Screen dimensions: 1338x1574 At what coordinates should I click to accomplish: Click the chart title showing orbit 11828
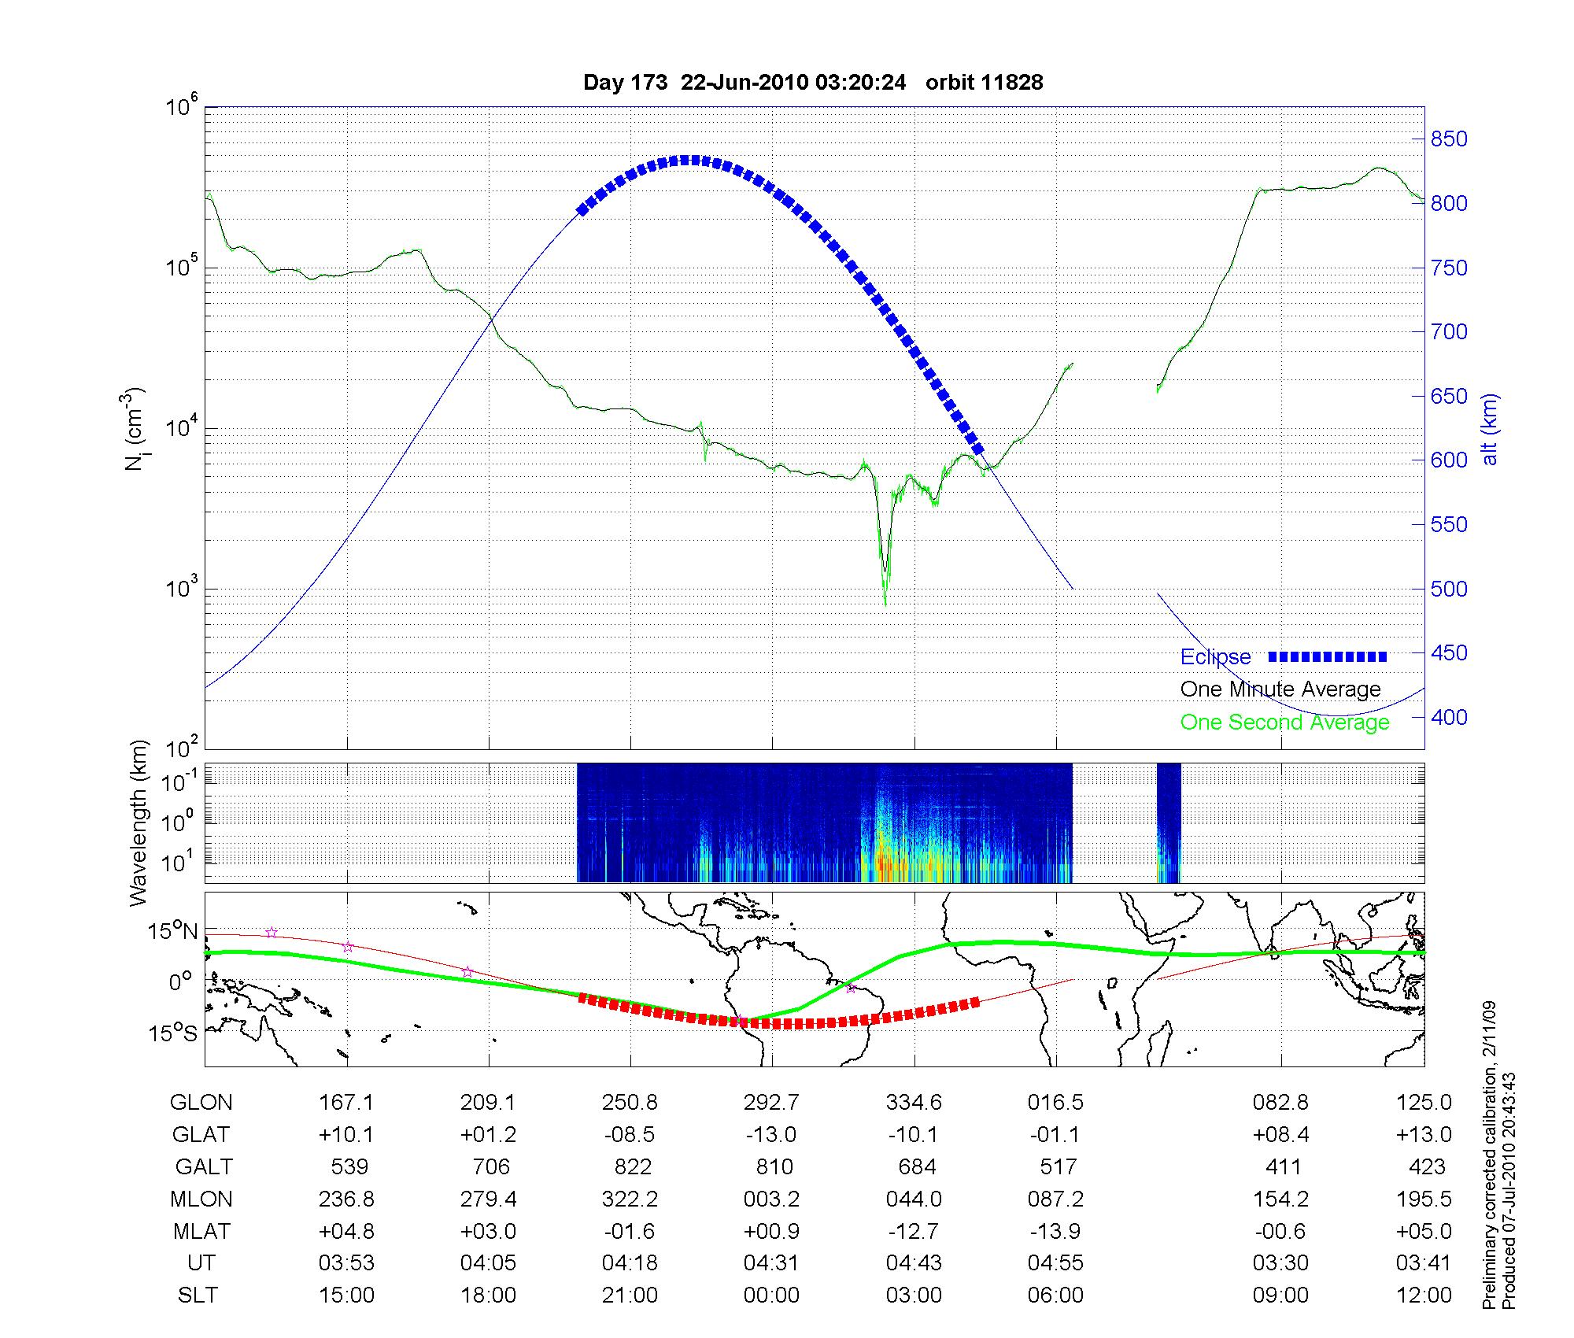(x=812, y=83)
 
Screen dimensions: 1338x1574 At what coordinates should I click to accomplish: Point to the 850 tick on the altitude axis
(x=1448, y=139)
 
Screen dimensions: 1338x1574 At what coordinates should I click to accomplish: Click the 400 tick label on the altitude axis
(x=1448, y=717)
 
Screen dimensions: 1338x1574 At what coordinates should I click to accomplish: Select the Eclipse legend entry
(x=1215, y=657)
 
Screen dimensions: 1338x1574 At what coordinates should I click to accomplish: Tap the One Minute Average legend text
(x=1280, y=689)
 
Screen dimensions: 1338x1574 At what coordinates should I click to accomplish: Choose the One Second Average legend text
(x=1284, y=723)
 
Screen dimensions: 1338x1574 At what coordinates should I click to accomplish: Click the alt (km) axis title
(x=1490, y=429)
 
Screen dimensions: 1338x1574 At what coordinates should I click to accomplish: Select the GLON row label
(x=201, y=1103)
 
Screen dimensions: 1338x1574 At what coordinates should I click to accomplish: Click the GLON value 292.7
(x=771, y=1103)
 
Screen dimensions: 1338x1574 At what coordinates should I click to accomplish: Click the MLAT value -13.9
(x=1055, y=1231)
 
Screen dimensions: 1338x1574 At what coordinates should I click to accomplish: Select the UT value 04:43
(x=914, y=1263)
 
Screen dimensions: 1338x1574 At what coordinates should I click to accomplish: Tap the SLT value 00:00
(x=771, y=1295)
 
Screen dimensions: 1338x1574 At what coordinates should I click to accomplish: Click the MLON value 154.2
(x=1280, y=1199)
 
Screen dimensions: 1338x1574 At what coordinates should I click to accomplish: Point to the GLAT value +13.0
(x=1424, y=1134)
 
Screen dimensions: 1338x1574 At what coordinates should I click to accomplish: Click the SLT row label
(x=198, y=1295)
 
